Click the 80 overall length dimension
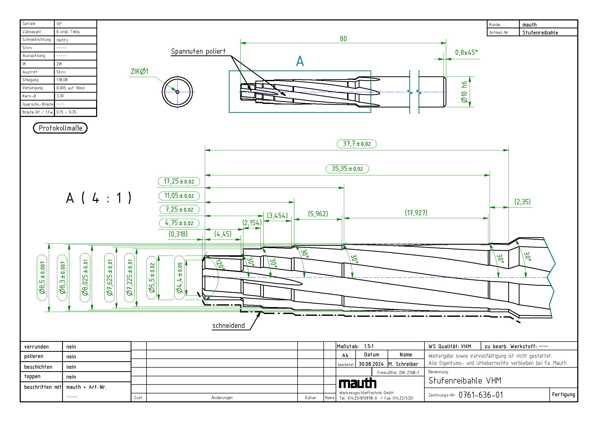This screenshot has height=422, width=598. click(x=343, y=39)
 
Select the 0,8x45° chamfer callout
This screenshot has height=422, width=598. click(x=466, y=53)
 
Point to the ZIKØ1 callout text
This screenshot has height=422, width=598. click(x=139, y=71)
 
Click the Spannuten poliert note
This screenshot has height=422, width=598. click(x=198, y=51)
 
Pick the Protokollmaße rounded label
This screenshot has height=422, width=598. click(x=60, y=128)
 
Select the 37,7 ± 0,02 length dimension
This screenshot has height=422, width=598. click(x=356, y=143)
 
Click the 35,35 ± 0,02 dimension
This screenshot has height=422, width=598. click(x=347, y=168)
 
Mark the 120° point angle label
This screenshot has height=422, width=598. click(x=220, y=264)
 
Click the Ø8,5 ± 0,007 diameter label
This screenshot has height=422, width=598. click(x=42, y=278)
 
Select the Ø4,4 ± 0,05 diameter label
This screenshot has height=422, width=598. click(x=179, y=278)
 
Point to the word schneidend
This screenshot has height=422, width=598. click(x=228, y=325)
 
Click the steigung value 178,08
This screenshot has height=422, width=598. click(x=62, y=80)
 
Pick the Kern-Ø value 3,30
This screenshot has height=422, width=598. click(x=60, y=96)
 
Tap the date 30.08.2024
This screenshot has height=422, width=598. click(x=371, y=364)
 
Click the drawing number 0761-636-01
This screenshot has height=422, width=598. click(x=481, y=395)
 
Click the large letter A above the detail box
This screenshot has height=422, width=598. click(x=300, y=61)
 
